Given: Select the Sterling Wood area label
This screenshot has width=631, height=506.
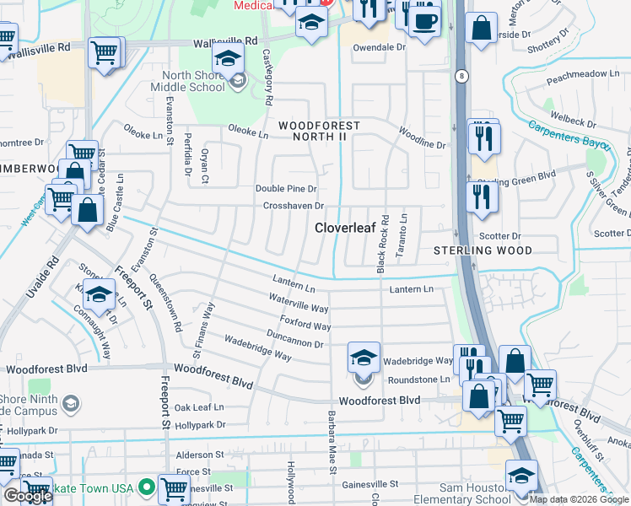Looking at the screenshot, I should [483, 250].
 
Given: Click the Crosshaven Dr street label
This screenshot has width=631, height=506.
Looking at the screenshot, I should [294, 206].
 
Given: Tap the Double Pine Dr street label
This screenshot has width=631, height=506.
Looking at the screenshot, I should [286, 189].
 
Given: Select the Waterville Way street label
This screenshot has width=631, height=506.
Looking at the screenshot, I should [299, 304].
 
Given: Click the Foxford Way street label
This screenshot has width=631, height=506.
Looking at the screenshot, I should [305, 322].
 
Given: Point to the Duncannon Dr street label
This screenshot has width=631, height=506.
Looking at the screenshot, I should [294, 340].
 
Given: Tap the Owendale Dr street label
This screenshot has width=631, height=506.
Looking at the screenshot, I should [379, 47].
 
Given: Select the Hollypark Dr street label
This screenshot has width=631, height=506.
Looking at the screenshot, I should [30, 431].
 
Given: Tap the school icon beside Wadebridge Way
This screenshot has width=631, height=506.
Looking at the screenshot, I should [364, 358].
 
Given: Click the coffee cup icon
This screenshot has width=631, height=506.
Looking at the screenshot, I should [425, 20].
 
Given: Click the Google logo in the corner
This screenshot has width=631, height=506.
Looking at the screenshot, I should [27, 497].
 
